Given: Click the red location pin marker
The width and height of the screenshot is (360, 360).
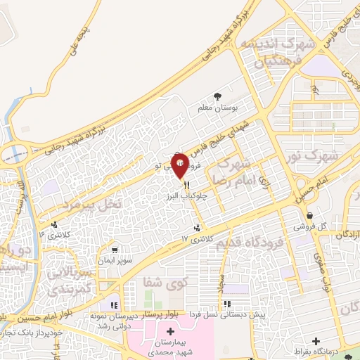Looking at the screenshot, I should (x=180, y=165).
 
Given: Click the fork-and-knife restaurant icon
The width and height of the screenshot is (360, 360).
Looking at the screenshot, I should (x=186, y=186).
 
